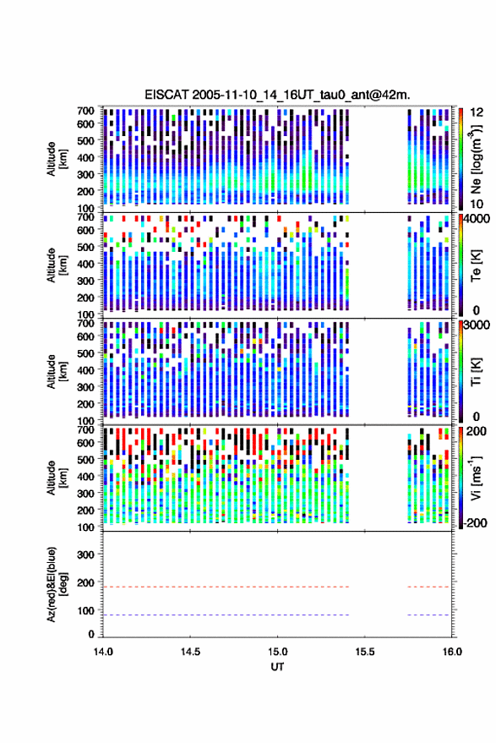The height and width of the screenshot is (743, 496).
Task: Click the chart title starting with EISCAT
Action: [x=277, y=95]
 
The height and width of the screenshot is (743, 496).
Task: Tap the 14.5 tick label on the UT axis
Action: [x=190, y=652]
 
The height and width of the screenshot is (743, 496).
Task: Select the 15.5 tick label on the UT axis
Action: [x=365, y=652]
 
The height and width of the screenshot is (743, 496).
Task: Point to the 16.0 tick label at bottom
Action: [x=452, y=652]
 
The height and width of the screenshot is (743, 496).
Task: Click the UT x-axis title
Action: [x=277, y=667]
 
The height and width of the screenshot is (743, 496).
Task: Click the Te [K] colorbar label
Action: [x=476, y=265]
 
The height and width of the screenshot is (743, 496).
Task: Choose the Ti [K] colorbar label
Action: [x=476, y=372]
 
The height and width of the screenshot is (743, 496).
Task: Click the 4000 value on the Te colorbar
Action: [x=477, y=219]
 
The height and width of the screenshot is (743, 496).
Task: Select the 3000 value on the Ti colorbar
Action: [x=477, y=325]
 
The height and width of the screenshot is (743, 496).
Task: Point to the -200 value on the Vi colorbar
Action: [x=475, y=523]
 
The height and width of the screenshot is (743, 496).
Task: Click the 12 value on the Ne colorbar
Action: [x=477, y=112]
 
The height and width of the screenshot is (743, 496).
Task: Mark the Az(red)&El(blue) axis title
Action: [x=57, y=584]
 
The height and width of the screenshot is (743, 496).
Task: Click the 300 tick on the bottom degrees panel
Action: [x=85, y=555]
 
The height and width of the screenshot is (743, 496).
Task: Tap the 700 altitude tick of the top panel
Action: [x=85, y=111]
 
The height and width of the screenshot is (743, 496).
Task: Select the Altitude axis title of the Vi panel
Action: [x=57, y=478]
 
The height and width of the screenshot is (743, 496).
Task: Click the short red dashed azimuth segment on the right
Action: [x=428, y=587]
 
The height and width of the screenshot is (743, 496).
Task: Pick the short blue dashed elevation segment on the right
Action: [x=428, y=615]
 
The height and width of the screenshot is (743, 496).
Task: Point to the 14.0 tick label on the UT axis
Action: [x=103, y=652]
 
